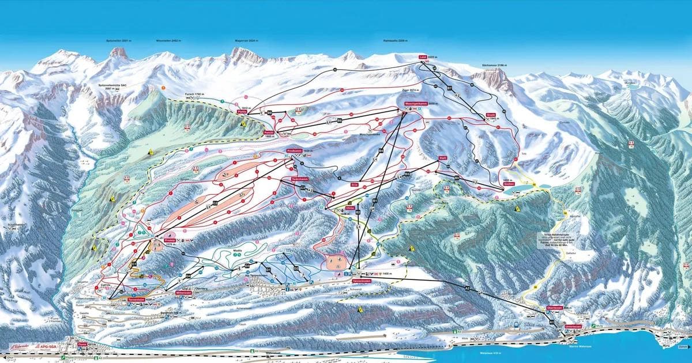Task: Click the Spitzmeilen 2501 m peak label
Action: tap(119, 41)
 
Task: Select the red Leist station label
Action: tap(424, 57)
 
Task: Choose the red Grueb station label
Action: tap(491, 115)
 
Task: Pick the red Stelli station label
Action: tap(443, 157)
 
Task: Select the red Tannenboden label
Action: tap(362, 281)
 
